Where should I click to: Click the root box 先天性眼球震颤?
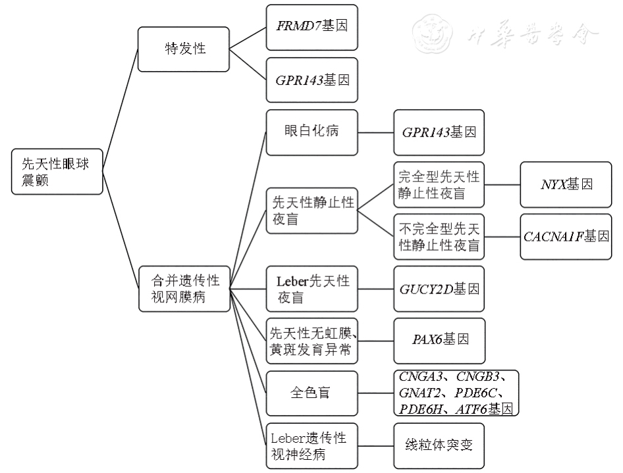pyautogui.click(x=57, y=171)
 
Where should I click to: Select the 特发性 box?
pyautogui.click(x=182, y=49)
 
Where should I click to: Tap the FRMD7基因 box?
pyautogui.click(x=311, y=28)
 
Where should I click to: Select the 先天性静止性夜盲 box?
pyautogui.click(x=311, y=211)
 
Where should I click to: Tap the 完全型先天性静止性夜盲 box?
pyautogui.click(x=439, y=185)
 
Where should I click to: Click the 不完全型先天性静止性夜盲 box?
pyautogui.click(x=439, y=237)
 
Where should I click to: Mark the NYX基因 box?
pyautogui.click(x=566, y=185)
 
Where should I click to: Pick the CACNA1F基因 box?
pyautogui.click(x=566, y=237)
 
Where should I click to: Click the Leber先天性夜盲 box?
pyautogui.click(x=311, y=289)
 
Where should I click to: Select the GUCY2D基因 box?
pyautogui.click(x=439, y=289)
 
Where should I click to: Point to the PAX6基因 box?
pyautogui.click(x=439, y=341)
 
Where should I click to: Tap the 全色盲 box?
pyautogui.click(x=311, y=393)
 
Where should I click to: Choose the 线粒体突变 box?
pyautogui.click(x=439, y=445)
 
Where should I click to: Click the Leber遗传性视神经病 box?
pyautogui.click(x=311, y=445)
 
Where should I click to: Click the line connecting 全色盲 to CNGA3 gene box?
pyautogui.click(x=375, y=393)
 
